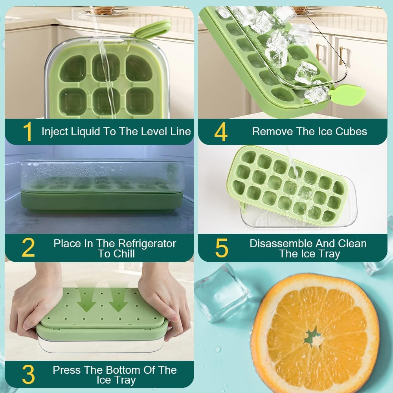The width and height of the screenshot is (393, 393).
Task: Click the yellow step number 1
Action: [28, 132]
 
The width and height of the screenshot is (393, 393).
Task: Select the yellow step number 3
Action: [28, 375]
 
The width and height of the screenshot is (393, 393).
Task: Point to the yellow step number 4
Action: [221, 132]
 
